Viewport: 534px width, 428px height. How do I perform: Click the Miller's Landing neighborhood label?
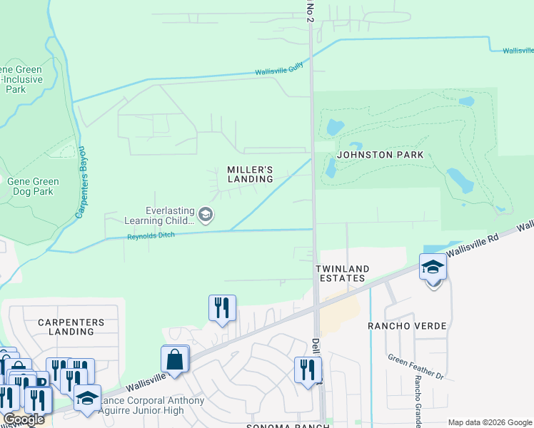click(x=250, y=174)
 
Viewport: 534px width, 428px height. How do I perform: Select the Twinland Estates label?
click(x=343, y=274)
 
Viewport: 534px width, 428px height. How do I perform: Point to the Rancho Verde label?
click(x=407, y=326)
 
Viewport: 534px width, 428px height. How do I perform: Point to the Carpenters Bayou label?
click(x=82, y=182)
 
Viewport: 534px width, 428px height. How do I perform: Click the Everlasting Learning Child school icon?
click(x=206, y=215)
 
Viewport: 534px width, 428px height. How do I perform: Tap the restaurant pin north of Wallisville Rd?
click(x=221, y=307)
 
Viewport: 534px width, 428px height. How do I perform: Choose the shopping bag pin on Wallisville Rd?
click(x=175, y=359)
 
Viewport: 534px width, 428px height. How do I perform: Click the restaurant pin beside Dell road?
click(x=307, y=370)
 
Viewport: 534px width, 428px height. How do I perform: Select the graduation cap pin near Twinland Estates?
click(x=433, y=267)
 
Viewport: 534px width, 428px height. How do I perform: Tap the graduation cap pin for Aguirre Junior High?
click(x=87, y=398)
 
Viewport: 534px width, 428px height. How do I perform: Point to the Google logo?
click(x=24, y=420)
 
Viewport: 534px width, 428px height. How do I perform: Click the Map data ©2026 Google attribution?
click(x=490, y=422)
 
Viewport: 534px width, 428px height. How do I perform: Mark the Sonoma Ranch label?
click(x=288, y=426)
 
